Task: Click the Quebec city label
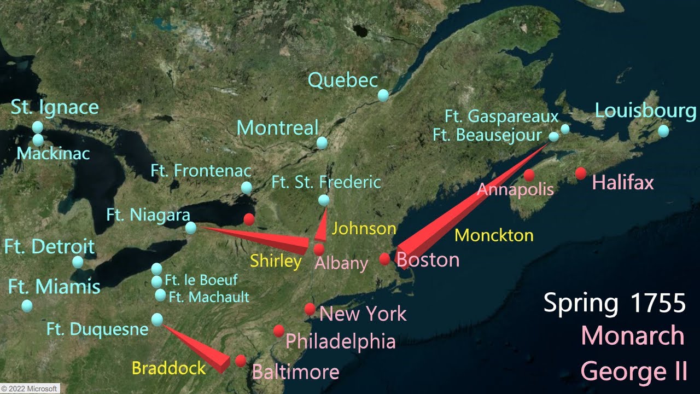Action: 343,81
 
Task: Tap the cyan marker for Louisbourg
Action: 663,131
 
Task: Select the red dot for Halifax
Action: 581,173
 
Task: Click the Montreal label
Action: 277,128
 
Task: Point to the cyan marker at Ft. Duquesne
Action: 157,319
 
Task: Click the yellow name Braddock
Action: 168,368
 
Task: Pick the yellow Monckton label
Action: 494,235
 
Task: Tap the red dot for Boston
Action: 385,259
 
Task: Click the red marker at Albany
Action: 319,249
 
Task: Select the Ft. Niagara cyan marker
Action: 191,228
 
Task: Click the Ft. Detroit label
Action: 49,247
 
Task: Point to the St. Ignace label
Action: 55,107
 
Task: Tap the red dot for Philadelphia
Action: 279,331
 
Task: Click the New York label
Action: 363,314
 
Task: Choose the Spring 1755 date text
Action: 614,303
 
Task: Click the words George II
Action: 633,371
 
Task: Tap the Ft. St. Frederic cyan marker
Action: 324,200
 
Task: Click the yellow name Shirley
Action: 276,261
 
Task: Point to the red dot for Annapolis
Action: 529,175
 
